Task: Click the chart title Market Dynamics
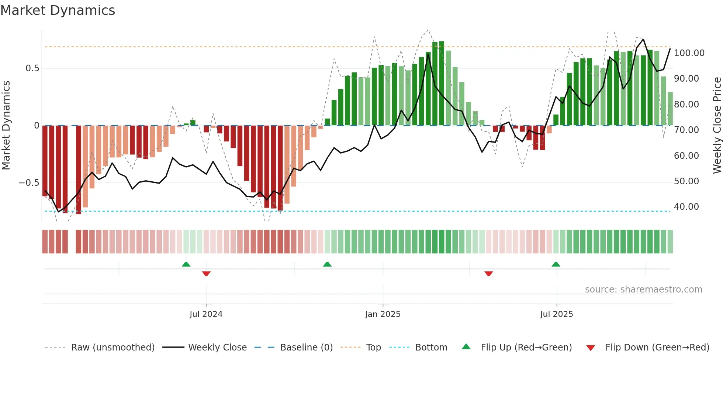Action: pyautogui.click(x=58, y=10)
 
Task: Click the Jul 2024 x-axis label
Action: pyautogui.click(x=206, y=314)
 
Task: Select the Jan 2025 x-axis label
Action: pyautogui.click(x=383, y=314)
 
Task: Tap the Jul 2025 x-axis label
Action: pyautogui.click(x=556, y=314)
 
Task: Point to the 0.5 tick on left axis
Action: pyautogui.click(x=32, y=68)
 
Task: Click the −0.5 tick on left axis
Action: pyautogui.click(x=29, y=183)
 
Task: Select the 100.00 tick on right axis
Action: pyautogui.click(x=689, y=53)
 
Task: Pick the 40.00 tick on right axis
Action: pyautogui.click(x=686, y=207)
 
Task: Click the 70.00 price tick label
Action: pyautogui.click(x=686, y=130)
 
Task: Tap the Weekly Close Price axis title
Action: pyautogui.click(x=717, y=126)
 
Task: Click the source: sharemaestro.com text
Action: pyautogui.click(x=643, y=290)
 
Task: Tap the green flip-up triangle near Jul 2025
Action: pyautogui.click(x=556, y=264)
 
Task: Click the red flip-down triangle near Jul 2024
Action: pyautogui.click(x=206, y=273)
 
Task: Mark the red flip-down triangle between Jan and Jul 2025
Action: pyautogui.click(x=488, y=273)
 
